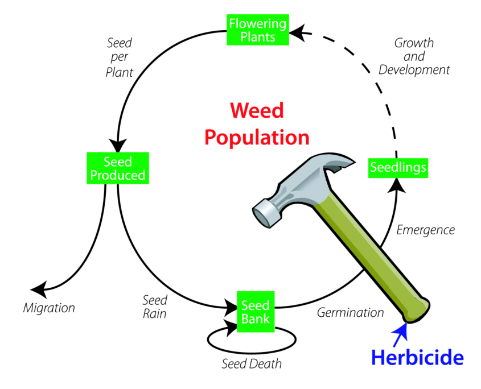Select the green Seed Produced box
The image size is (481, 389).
tap(117, 168)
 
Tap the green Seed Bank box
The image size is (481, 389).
tap(256, 312)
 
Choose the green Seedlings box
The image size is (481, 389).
tap(398, 167)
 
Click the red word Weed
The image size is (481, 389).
tap(256, 110)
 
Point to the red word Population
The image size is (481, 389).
tap(257, 137)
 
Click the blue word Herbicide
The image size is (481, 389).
tap(417, 357)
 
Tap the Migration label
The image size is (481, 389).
tap(49, 308)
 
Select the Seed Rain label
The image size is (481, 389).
tap(155, 307)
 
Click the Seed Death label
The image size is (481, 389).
tap(252, 363)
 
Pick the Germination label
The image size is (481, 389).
tap(350, 312)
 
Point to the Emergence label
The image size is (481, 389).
tap(426, 230)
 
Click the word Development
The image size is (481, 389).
tap(414, 70)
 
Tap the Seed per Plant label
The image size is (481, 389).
tap(120, 57)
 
